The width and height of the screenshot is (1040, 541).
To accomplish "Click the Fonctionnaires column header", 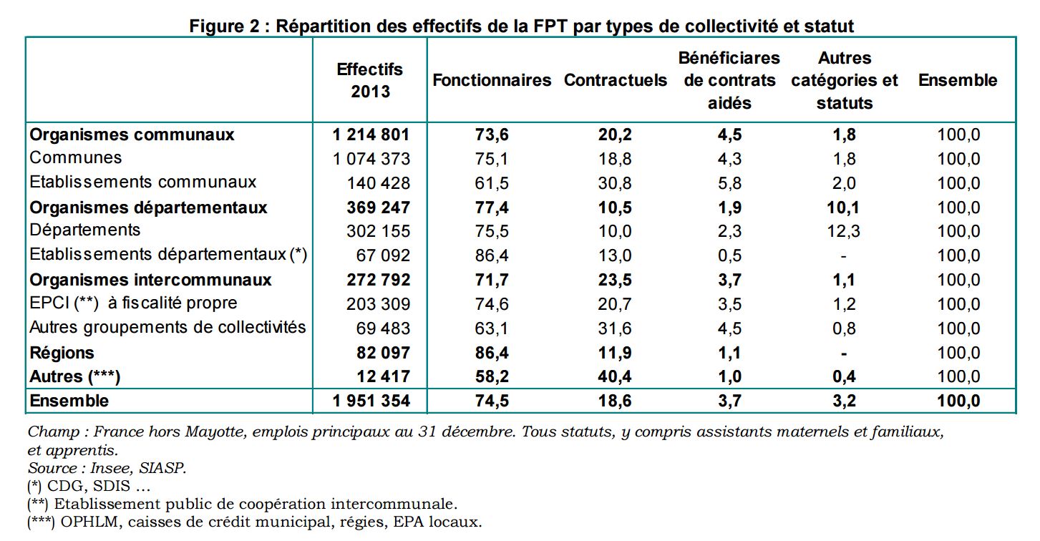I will [492, 80].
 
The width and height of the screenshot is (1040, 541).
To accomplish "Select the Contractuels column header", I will [615, 80].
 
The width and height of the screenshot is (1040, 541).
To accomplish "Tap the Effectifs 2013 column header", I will [370, 80].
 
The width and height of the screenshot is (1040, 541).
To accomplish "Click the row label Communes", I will [76, 158].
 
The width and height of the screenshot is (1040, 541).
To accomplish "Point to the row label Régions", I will [62, 353].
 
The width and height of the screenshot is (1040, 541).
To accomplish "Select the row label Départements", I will [85, 230].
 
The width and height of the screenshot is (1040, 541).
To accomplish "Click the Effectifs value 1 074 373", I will [371, 159].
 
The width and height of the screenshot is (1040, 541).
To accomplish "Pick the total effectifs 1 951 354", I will [371, 401].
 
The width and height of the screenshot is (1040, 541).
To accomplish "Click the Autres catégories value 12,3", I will [844, 231].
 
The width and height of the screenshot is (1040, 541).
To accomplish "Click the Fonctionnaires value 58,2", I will [492, 377].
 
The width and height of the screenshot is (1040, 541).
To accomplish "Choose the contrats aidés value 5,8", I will [729, 183].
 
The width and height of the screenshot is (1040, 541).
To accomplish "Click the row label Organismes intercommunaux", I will [151, 280].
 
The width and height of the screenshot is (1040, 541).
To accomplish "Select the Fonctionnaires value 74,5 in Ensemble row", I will [492, 401].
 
